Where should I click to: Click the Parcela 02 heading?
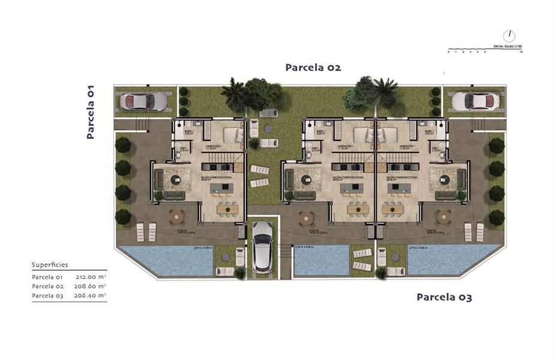pyautogui.click(x=313, y=68)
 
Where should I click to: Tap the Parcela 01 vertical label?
pyautogui.click(x=91, y=112)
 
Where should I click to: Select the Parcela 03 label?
pyautogui.click(x=444, y=297)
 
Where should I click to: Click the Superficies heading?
pyautogui.click(x=50, y=264)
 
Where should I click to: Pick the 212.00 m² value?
pyautogui.click(x=91, y=277)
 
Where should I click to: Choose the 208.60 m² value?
pyautogui.click(x=91, y=286)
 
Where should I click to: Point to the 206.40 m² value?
pyautogui.click(x=91, y=295)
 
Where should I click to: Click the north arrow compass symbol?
pyautogui.click(x=509, y=36)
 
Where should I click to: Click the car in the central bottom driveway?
pyautogui.click(x=262, y=246)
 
